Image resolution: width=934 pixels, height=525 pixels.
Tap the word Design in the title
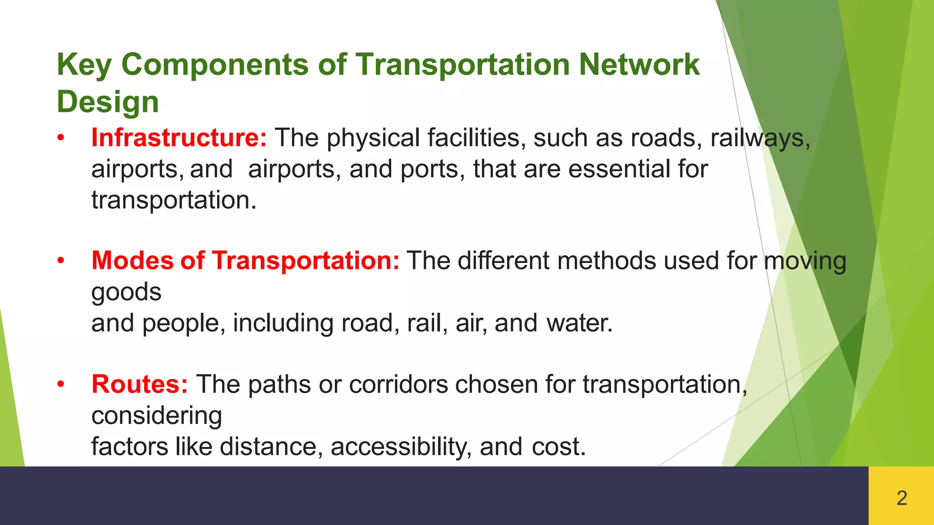(108, 102)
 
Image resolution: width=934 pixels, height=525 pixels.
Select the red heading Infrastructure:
(179, 138)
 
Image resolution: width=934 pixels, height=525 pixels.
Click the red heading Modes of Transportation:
(245, 261)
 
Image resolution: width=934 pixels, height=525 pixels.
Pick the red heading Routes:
(140, 384)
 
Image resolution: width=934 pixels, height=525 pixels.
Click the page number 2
(901, 498)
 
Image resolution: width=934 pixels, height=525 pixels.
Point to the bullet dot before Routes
(61, 385)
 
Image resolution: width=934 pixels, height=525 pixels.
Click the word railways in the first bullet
(760, 138)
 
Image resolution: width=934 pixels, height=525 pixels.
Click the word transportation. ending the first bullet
(174, 200)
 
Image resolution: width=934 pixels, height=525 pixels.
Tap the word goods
(126, 292)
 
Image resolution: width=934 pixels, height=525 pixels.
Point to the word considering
(156, 416)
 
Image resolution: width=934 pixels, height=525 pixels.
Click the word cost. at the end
(558, 447)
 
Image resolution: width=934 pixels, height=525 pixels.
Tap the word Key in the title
(84, 65)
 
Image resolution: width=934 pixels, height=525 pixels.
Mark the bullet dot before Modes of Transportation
(61, 261)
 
